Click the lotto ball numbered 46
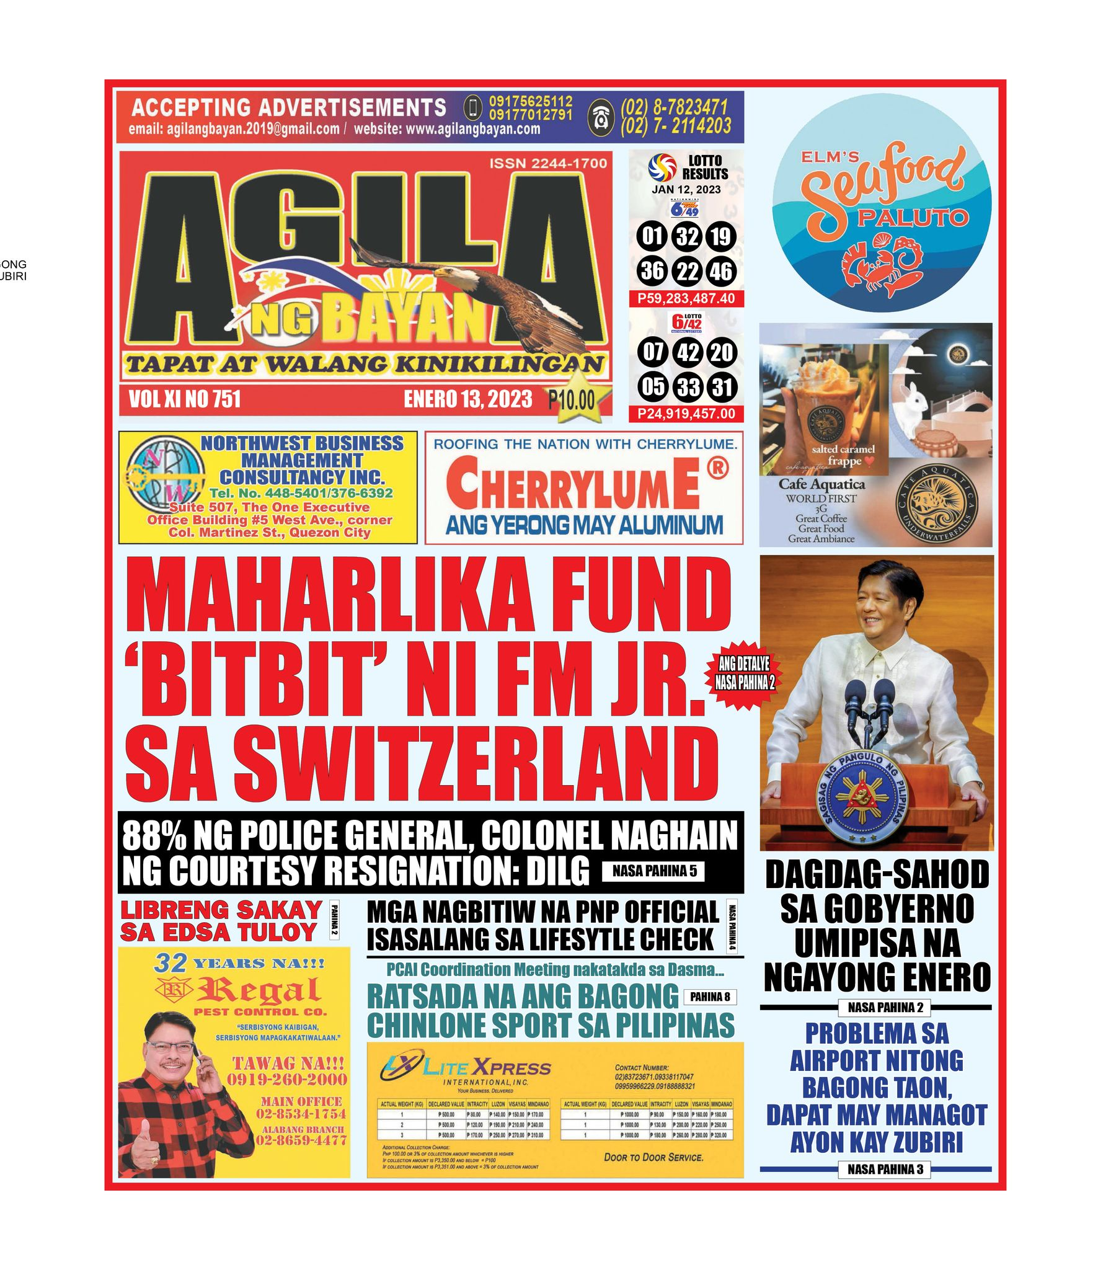click(x=721, y=271)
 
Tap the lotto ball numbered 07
click(x=652, y=352)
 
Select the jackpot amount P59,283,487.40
click(x=686, y=298)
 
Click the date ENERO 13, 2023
click(x=467, y=399)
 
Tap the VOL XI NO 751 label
click(x=185, y=399)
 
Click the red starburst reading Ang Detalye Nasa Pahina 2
click(x=745, y=673)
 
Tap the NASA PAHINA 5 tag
click(x=653, y=871)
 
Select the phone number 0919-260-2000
click(x=286, y=1080)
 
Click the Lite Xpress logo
click(x=465, y=1068)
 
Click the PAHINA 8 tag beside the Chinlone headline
click(x=710, y=997)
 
